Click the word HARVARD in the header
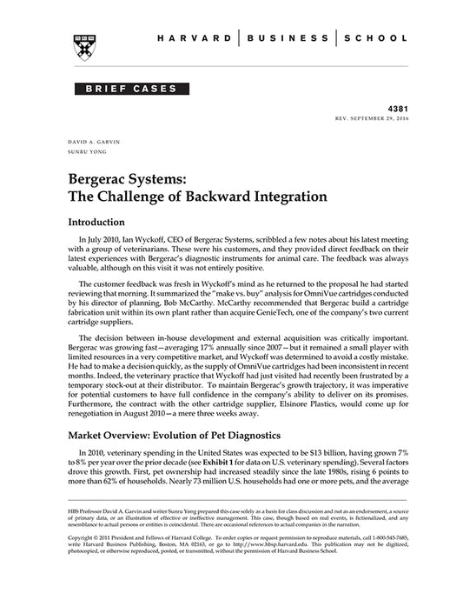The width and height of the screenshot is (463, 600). (201, 39)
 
